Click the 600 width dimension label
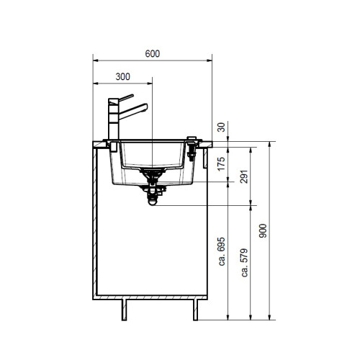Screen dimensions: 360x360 pyautogui.click(x=153, y=53)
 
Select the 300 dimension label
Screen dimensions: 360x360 pyautogui.click(x=123, y=76)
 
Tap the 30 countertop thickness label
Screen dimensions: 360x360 pyautogui.click(x=221, y=127)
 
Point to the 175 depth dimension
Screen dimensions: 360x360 pyautogui.click(x=221, y=163)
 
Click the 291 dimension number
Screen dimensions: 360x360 pyautogui.click(x=244, y=176)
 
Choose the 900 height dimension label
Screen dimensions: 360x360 pyautogui.click(x=263, y=230)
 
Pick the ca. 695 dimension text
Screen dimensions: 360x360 pyautogui.click(x=222, y=251)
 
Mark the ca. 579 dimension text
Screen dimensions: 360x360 pyautogui.click(x=245, y=263)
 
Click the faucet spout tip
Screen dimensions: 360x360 pyautogui.click(x=146, y=107)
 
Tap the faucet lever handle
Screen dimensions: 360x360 pyautogui.click(x=126, y=98)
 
